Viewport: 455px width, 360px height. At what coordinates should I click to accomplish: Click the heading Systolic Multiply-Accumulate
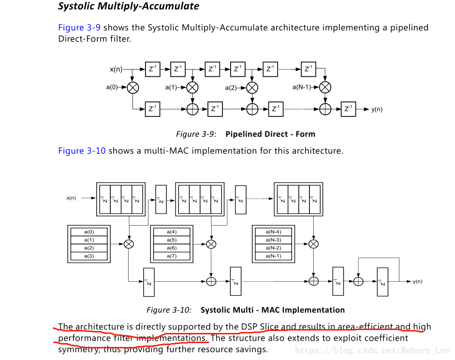pos(128,6)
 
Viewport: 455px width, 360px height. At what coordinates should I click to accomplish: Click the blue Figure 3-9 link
pos(79,28)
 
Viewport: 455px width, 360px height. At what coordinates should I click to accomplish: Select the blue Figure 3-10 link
pos(82,151)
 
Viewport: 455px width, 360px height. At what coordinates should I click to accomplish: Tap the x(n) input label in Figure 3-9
pos(116,70)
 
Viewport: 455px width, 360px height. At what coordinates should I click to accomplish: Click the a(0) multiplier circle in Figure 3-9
pos(132,87)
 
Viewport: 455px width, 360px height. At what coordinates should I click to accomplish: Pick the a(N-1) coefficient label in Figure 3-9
pos(302,87)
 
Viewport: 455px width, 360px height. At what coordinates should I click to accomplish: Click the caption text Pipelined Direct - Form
pos(270,134)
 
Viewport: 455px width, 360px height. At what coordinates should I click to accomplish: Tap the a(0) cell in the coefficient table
pos(89,232)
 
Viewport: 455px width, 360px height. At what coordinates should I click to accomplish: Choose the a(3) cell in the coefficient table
pos(89,256)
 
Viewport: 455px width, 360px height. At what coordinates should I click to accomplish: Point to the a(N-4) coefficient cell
pos(273,232)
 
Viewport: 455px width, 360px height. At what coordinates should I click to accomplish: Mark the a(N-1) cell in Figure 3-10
pos(273,256)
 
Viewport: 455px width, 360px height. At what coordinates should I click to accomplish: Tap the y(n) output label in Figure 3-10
pos(418,281)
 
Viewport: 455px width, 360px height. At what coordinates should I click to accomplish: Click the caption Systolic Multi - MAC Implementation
pos(273,310)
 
